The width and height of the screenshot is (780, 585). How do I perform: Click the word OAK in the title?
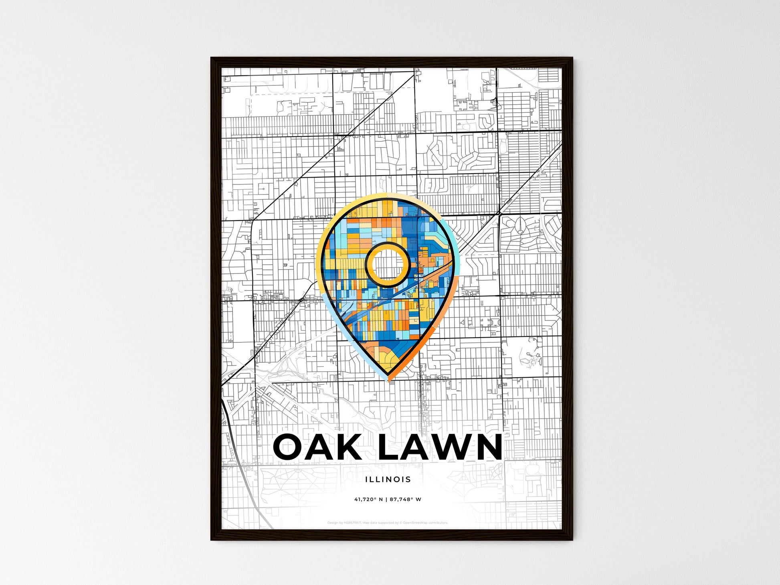point(317,447)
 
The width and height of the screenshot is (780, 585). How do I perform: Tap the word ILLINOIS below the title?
point(388,479)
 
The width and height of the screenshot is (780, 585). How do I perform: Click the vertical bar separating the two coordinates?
point(386,500)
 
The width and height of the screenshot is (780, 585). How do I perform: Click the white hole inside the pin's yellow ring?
point(387,264)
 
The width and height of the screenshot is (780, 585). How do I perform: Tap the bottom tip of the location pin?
point(388,379)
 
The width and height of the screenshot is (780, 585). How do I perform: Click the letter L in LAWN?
point(388,447)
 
